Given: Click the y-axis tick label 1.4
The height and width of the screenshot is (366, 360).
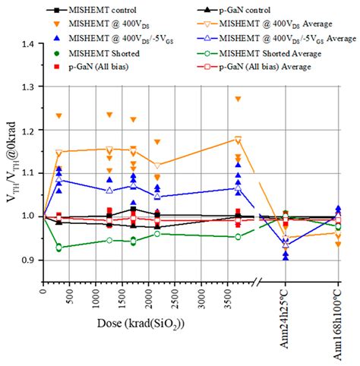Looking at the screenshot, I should click(30, 44).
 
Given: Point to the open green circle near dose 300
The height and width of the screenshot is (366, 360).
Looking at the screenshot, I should click(59, 247).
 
